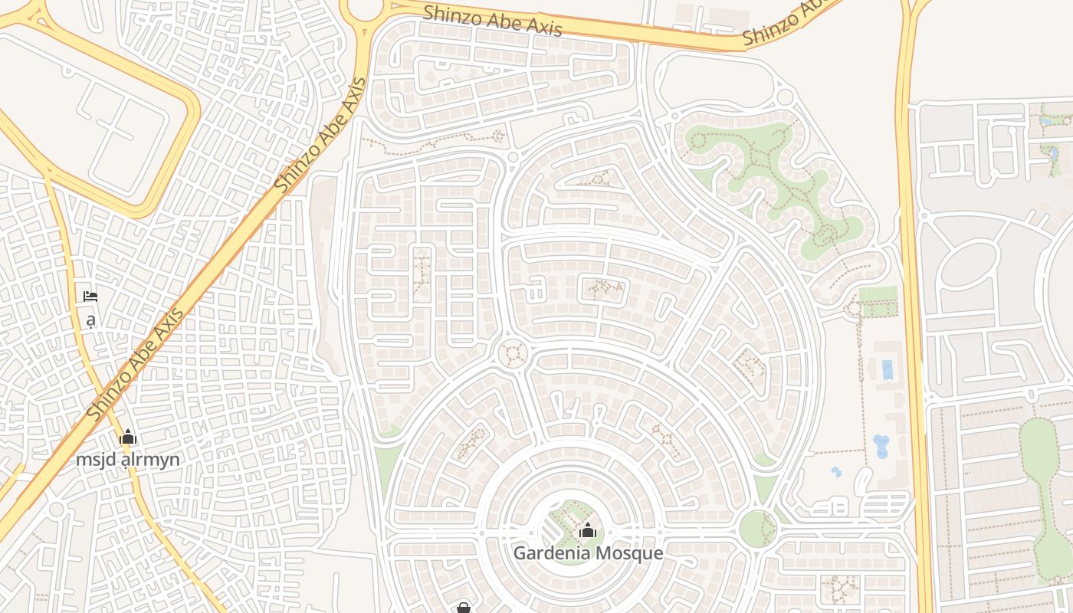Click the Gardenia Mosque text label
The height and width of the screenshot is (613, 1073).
point(588,552)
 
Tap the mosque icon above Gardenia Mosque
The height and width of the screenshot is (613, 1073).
point(588,530)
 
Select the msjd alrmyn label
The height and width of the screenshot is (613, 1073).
point(127,460)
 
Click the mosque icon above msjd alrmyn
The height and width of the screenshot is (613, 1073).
point(127,438)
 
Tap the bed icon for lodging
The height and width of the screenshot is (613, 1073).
point(90,297)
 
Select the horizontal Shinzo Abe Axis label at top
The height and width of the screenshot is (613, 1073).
point(493,20)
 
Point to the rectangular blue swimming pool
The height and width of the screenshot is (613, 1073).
point(888,370)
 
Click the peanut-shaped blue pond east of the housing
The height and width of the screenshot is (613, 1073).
point(881,446)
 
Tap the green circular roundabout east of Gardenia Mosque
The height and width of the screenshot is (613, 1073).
point(757,529)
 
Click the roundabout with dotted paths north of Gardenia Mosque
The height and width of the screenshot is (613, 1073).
point(513,354)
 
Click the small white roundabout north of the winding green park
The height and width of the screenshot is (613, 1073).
point(785,97)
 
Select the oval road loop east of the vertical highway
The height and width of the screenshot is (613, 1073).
point(967,265)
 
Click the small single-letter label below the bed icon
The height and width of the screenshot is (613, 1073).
point(90,320)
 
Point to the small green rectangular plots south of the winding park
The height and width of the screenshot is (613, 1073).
point(878,302)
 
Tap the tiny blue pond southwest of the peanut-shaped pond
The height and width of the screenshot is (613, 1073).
point(836,472)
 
